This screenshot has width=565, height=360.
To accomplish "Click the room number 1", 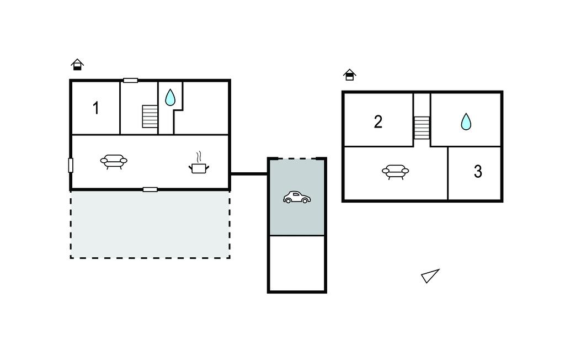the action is point(96,108).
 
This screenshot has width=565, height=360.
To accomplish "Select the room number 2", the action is point(378,122).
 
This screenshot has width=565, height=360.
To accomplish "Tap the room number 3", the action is point(478,172).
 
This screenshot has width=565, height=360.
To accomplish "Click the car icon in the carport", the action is point(297,197).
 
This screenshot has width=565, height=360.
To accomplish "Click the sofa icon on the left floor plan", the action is point(114,161).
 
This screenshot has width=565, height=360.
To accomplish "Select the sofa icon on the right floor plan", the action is point(395,172).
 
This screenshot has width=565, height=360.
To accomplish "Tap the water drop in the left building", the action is point(170,97).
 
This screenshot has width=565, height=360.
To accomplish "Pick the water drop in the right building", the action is point(466,121).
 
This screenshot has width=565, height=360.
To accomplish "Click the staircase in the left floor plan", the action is point(150,117).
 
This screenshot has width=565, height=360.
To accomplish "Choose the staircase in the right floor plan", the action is point(422,128).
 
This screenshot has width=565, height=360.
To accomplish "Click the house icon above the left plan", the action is point(77,64).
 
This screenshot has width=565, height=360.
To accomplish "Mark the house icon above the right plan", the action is point(349,75).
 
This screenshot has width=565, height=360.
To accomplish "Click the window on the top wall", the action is point(130,81).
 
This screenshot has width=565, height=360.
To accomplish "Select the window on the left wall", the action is point(71,165).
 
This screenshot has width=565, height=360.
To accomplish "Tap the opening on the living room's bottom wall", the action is point(150,189).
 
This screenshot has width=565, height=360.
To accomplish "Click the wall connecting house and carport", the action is point(249,174).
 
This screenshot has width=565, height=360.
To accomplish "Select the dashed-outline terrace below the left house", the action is point(150,224).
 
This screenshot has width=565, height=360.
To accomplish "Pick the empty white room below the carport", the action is point(297,263).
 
